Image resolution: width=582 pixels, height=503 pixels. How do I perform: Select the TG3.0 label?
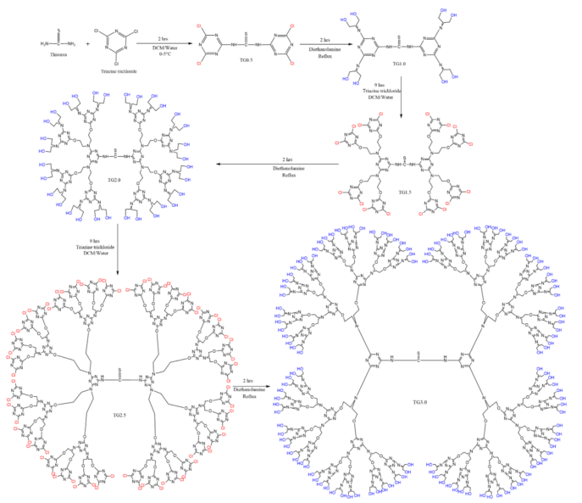[418, 394]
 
